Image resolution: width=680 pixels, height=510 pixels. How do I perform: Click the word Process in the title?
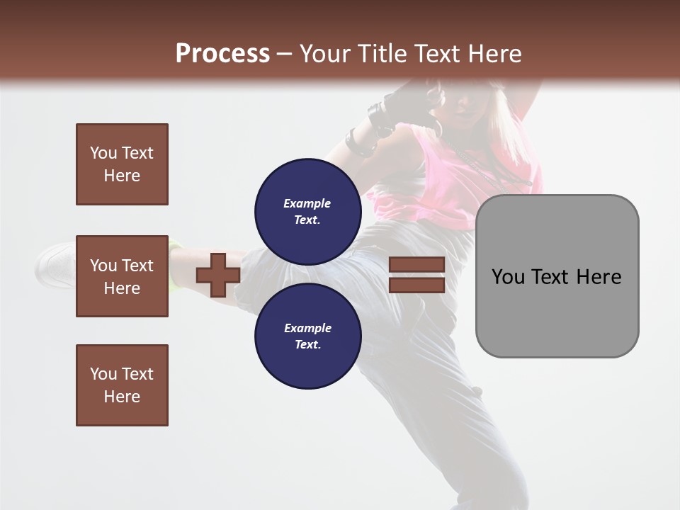pos(222,54)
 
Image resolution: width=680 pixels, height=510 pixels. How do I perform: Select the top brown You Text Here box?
pos(122,164)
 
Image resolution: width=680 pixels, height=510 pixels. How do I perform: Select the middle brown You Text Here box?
pos(122,276)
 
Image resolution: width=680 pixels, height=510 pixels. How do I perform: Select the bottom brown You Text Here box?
pos(122,385)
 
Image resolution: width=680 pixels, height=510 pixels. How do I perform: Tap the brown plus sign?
pos(218,275)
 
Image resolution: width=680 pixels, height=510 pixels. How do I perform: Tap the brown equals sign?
pos(416,275)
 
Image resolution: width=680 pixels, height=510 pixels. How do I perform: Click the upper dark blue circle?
pos(308,211)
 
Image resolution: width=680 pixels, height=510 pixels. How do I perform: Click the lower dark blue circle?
pos(308,336)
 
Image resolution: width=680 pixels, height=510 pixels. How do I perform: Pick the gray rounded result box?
pos(557,276)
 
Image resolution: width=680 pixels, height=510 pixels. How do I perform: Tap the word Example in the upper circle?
pos(307,203)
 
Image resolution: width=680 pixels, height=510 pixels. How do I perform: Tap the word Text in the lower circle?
pos(307,345)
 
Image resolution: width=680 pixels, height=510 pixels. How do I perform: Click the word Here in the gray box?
pos(599,277)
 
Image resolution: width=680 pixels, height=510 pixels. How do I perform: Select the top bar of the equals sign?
pos(416,265)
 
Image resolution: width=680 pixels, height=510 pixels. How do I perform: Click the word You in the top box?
pos(103,153)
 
